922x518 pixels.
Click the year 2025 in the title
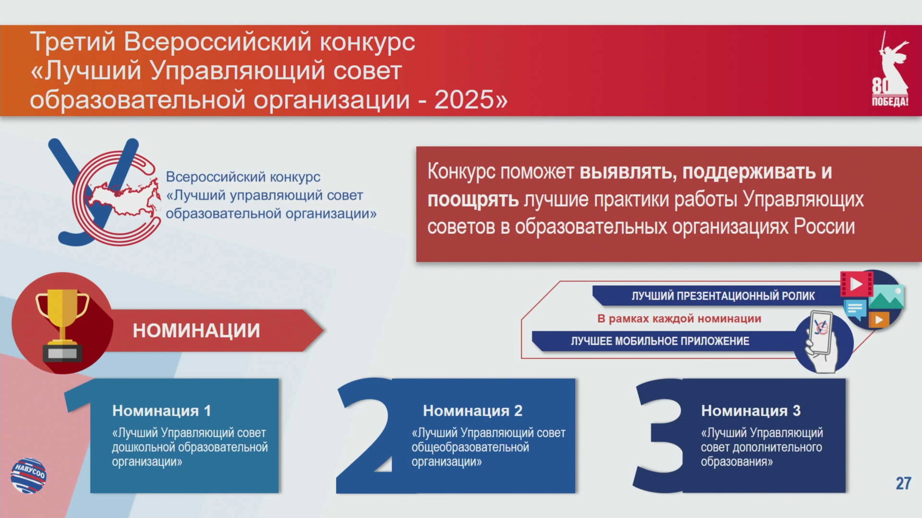[x=464, y=100]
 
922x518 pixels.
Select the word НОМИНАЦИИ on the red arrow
[x=196, y=330]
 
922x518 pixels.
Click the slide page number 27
[x=903, y=483]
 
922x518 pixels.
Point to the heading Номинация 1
[x=161, y=411]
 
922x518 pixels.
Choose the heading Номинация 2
[x=473, y=411]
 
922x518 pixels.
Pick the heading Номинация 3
[x=751, y=411]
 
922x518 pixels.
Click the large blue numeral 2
[x=367, y=436]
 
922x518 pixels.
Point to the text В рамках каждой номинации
[x=679, y=318]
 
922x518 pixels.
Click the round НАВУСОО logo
[x=29, y=475]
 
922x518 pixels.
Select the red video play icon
[x=857, y=284]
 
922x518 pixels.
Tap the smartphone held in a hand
[x=821, y=332]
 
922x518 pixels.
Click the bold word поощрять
[x=473, y=200]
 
